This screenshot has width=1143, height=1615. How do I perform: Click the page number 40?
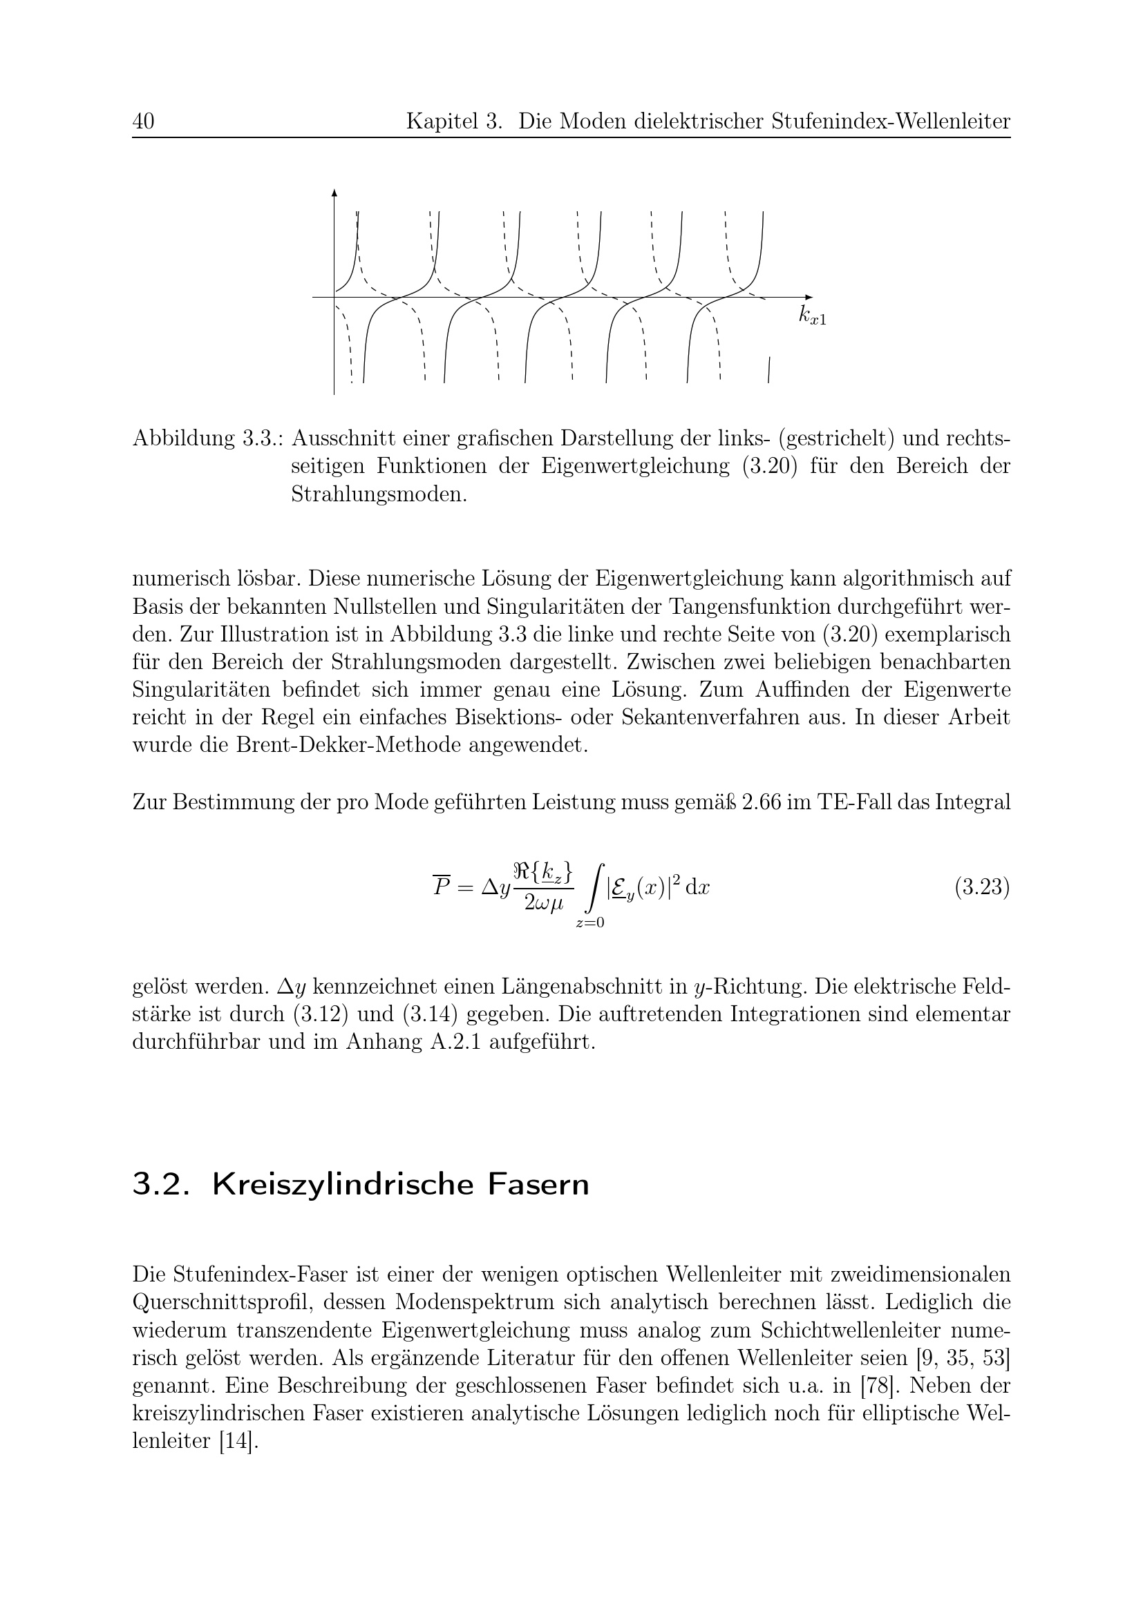(x=143, y=122)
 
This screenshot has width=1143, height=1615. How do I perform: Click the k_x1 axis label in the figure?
(x=812, y=316)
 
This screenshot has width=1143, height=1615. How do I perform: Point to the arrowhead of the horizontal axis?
(x=809, y=297)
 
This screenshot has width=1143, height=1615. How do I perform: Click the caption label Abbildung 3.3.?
(x=207, y=438)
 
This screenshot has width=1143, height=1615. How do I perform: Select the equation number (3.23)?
(x=982, y=888)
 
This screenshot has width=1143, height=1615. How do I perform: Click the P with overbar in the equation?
(x=442, y=887)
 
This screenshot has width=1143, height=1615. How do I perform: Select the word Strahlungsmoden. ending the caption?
(x=379, y=494)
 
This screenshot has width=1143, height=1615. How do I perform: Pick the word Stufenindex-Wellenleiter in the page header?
(x=890, y=122)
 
